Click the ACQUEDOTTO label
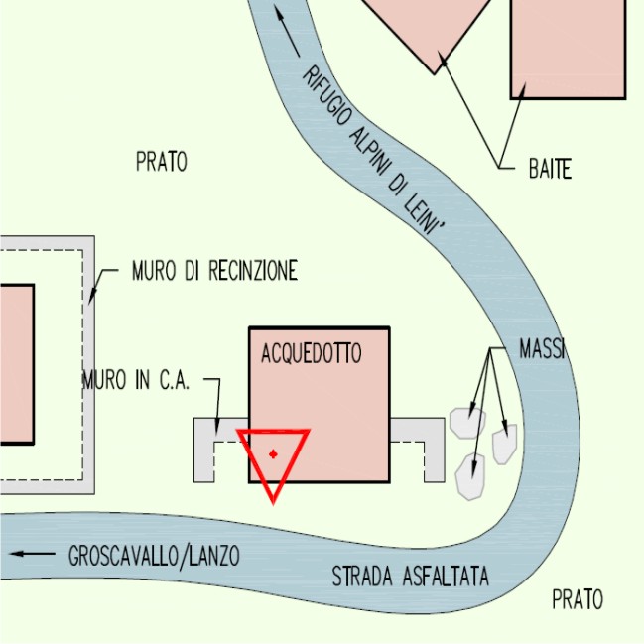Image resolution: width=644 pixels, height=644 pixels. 312,353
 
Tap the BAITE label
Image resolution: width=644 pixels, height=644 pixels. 550,169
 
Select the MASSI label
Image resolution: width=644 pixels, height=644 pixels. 542,348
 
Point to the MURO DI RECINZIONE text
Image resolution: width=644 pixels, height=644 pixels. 214,270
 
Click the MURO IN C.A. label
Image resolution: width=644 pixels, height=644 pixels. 136,379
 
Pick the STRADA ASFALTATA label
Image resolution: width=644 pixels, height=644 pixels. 410,576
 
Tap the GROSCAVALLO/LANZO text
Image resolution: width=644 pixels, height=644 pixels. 154,556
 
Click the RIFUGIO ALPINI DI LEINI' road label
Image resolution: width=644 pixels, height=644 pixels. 373,150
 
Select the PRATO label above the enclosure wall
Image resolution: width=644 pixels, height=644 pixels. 162,162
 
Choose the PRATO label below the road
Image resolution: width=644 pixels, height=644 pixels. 578,599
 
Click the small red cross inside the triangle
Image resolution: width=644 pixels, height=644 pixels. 273,454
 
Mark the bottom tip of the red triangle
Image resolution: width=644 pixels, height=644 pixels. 274,502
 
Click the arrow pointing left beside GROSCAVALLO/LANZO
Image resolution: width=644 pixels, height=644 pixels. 32,554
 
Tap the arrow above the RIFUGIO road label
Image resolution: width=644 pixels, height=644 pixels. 287,31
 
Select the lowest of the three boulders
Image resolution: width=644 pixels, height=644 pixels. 470,477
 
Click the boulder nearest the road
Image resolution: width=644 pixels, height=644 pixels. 505,445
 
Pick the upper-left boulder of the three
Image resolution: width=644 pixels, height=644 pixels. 467,423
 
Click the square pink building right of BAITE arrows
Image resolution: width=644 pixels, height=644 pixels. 569,49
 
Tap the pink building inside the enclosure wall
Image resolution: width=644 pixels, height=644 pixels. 17,364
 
